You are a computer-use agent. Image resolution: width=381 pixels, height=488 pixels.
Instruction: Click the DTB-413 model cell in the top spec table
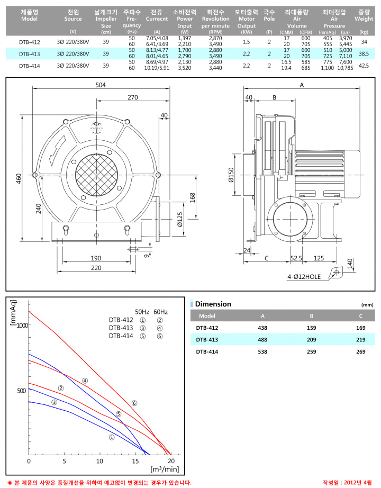[x=30, y=54]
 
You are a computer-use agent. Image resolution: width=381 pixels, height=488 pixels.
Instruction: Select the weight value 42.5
[x=364, y=66]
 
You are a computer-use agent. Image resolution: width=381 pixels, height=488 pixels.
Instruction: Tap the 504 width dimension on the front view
[x=101, y=85]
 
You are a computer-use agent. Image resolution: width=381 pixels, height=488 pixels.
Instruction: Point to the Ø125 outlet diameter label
[x=179, y=220]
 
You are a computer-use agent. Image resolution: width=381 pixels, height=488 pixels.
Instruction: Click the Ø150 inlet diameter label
[x=231, y=175]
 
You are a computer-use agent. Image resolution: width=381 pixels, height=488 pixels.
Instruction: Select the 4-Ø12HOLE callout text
[x=304, y=276]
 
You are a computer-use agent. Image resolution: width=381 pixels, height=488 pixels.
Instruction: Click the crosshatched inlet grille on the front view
[x=96, y=175]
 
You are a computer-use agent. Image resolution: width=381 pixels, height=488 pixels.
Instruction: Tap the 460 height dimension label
[x=19, y=178]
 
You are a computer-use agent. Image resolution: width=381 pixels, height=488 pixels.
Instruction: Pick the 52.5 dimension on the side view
[x=296, y=258]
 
